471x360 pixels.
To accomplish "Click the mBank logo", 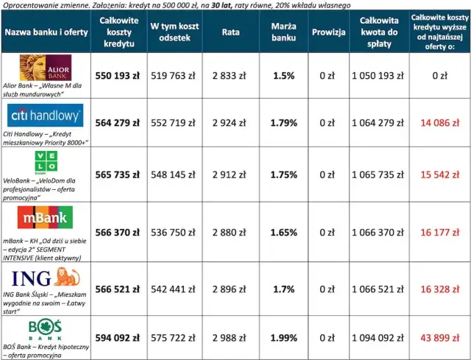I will tap(46, 219).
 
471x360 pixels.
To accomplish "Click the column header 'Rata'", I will tap(230, 32).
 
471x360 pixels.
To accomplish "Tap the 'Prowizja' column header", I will tap(328, 32).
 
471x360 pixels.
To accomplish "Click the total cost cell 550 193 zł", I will tap(118, 75).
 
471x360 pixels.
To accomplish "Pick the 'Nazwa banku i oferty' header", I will tap(46, 32).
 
